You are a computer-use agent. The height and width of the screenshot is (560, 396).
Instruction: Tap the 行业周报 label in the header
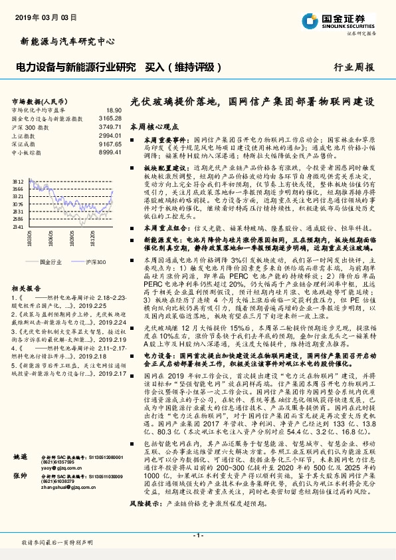(x=353, y=67)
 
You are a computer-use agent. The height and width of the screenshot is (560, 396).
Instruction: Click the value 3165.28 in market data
(x=110, y=118)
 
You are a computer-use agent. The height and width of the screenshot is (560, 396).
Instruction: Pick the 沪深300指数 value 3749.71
(x=110, y=126)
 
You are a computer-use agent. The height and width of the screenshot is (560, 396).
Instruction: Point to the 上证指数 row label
(x=26, y=135)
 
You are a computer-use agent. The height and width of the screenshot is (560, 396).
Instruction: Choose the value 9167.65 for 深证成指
(x=110, y=144)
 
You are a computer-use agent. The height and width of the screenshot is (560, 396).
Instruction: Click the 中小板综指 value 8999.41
(x=110, y=152)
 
